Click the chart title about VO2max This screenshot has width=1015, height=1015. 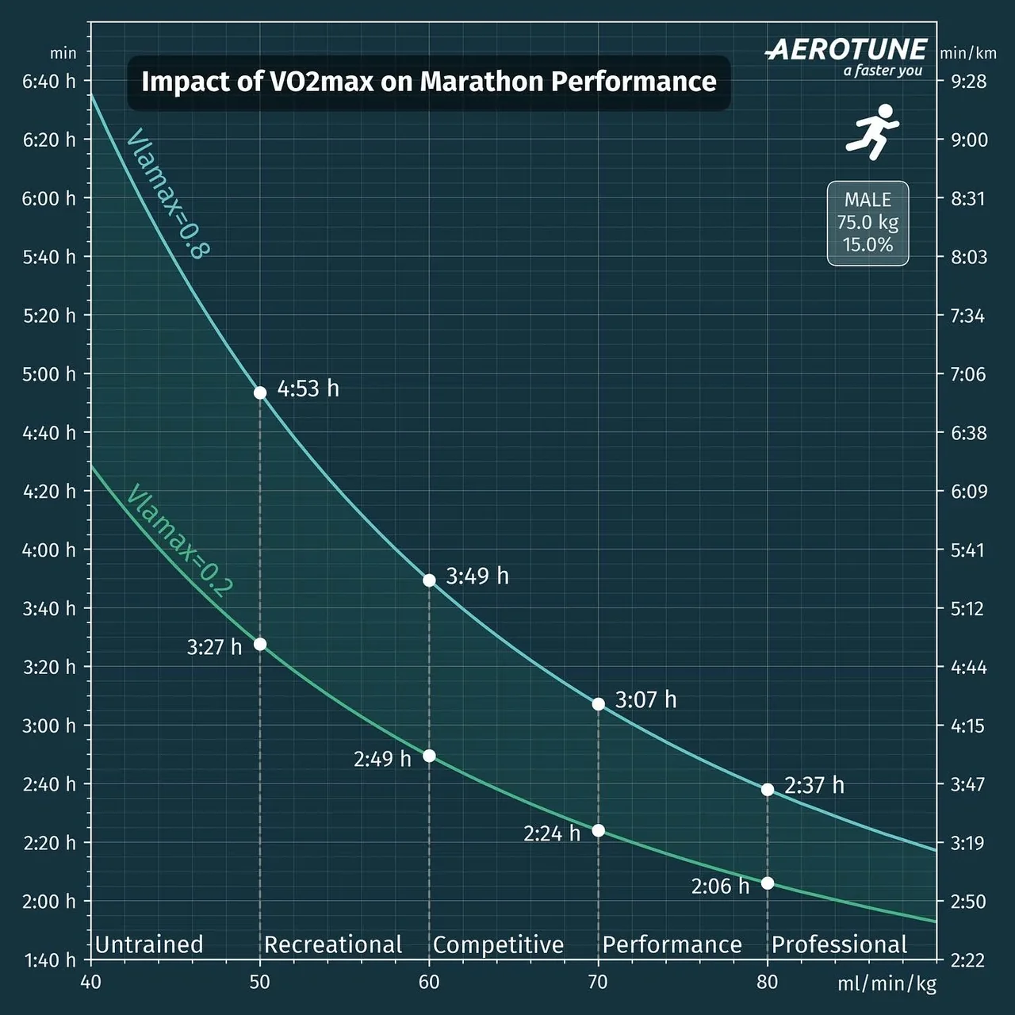point(428,82)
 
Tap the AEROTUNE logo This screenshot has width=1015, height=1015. point(847,51)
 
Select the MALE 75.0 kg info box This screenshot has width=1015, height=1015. point(868,223)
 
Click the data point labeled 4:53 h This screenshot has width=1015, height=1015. point(260,393)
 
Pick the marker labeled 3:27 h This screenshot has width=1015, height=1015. point(260,644)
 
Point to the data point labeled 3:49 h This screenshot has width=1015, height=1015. point(429,580)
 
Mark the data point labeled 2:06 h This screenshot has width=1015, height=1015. point(768,883)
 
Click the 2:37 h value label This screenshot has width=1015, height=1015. point(814,786)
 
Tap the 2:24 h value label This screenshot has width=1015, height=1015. point(552,833)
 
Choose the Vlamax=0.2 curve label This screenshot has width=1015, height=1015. point(179,540)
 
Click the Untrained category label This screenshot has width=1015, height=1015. point(149,944)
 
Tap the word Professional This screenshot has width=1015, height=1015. point(839,944)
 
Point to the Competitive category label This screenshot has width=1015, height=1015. point(498,944)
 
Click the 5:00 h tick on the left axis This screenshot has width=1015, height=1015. point(49,374)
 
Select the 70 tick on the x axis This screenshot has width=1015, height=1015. point(598,982)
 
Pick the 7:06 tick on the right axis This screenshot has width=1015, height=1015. point(967,374)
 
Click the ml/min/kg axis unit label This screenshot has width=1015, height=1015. point(887,985)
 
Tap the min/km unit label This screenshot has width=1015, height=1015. point(967,54)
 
